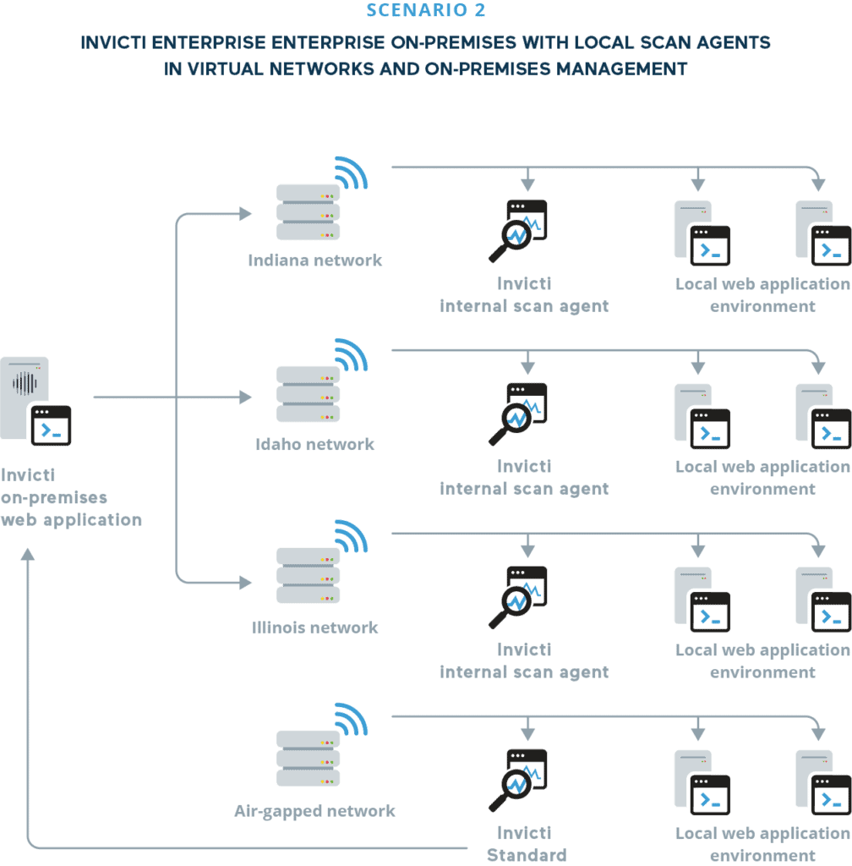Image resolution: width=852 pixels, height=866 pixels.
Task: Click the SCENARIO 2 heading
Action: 426,10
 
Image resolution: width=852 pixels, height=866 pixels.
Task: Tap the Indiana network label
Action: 315,260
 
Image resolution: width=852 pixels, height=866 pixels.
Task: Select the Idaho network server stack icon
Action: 309,395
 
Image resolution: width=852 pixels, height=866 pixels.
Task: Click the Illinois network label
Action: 315,628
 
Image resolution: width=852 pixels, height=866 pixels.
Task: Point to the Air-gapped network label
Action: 314,811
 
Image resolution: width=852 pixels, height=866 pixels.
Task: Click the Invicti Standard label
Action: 525,844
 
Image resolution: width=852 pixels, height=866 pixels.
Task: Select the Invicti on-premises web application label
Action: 71,498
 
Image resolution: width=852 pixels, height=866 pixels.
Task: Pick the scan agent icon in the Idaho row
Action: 517,414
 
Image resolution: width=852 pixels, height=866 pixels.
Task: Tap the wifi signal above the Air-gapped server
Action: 351,721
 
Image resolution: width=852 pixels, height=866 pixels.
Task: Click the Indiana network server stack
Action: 309,212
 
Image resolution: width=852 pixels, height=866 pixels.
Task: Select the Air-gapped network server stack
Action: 309,759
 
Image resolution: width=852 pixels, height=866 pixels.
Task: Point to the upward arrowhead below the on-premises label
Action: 28,555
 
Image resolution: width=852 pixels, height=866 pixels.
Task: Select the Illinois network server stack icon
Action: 309,577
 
